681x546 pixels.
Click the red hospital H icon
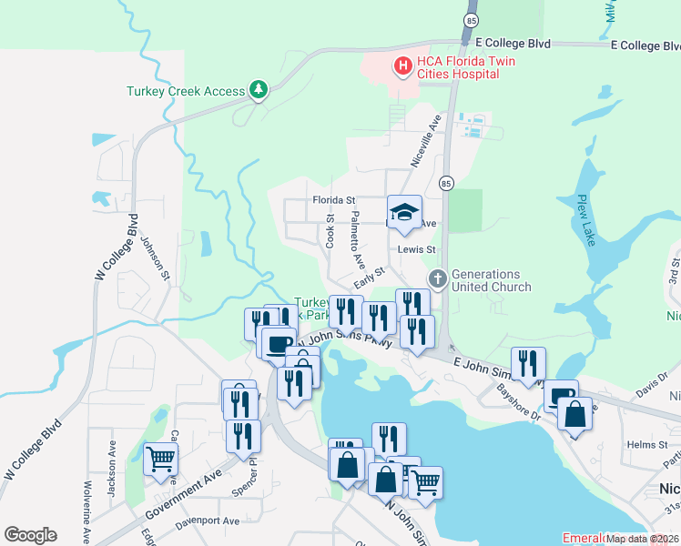[400, 66]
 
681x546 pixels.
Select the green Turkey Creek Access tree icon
[259, 90]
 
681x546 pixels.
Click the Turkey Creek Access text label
[186, 91]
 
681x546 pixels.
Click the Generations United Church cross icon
[437, 278]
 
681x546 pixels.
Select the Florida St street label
[333, 199]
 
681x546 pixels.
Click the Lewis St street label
[417, 248]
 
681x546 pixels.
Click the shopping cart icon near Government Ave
[161, 460]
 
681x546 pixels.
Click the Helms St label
[647, 444]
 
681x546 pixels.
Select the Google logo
[30, 535]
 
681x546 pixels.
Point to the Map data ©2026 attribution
[643, 539]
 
